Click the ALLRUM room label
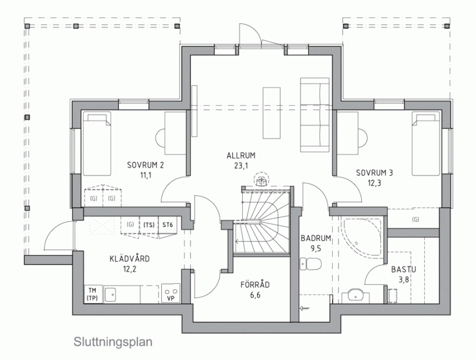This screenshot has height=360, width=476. click(x=241, y=156)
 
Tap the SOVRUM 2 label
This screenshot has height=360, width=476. click(x=145, y=165)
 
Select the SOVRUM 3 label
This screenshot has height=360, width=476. click(x=374, y=173)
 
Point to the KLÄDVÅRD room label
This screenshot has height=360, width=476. click(x=130, y=259)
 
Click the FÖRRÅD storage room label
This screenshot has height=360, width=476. click(x=255, y=284)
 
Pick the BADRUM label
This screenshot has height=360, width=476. click(x=315, y=238)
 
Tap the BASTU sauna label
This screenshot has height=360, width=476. click(x=403, y=269)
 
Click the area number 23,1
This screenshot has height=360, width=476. click(x=242, y=166)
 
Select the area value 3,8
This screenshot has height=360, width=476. click(x=404, y=280)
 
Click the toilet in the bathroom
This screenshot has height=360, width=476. click(x=310, y=264)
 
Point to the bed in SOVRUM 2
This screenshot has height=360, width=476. click(x=97, y=143)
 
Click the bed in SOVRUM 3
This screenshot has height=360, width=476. click(x=425, y=143)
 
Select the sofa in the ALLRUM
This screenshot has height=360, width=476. click(x=315, y=115)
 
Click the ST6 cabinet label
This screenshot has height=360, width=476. click(x=168, y=225)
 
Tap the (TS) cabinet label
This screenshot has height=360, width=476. click(x=149, y=225)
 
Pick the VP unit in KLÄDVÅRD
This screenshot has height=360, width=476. click(x=171, y=293)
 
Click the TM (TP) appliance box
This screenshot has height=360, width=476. click(x=92, y=294)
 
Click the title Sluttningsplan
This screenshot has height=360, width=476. click(x=113, y=342)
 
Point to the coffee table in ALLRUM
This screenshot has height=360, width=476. click(x=271, y=113)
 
